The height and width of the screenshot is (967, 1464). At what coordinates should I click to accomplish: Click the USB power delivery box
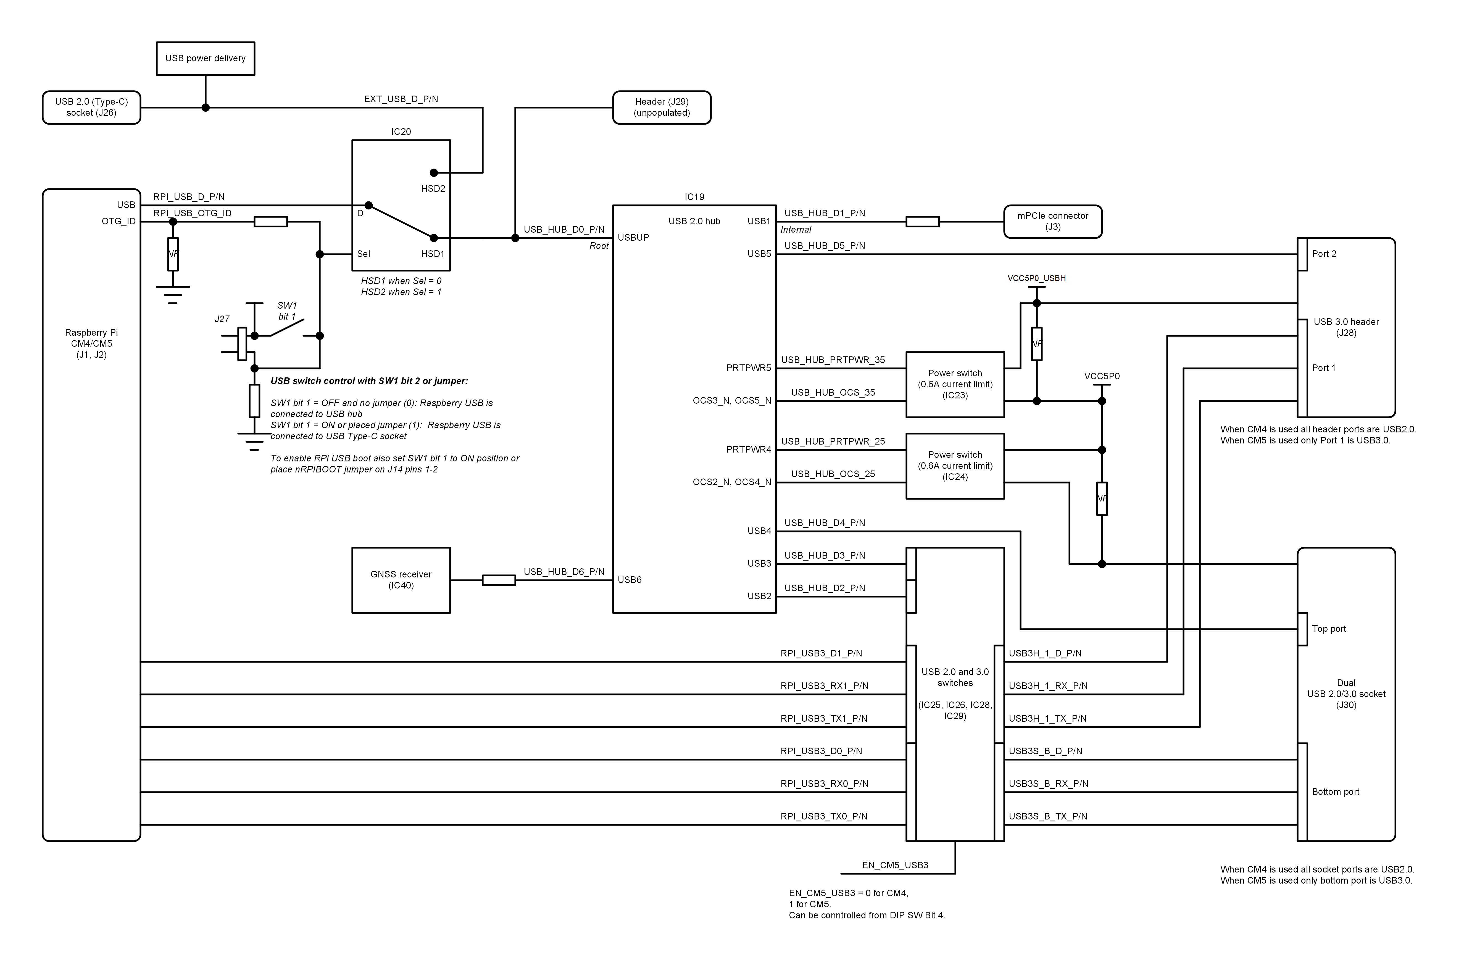[x=205, y=59]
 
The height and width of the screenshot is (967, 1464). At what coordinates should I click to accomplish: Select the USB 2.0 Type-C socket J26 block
[x=91, y=107]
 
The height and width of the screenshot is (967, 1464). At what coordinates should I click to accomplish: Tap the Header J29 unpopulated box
[x=661, y=107]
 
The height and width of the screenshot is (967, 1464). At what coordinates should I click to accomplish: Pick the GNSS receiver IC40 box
[x=401, y=580]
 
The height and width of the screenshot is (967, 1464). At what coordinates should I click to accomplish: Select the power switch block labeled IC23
[x=955, y=384]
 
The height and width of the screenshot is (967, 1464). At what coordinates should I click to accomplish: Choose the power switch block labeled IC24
[x=955, y=466]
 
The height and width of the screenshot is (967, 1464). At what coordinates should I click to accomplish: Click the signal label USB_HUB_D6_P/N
[x=564, y=572]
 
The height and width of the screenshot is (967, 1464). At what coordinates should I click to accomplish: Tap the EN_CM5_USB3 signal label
[x=895, y=865]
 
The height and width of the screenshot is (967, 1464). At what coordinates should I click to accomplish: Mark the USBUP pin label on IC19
[x=633, y=237]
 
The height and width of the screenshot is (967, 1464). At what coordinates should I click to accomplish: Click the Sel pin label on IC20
[x=363, y=254]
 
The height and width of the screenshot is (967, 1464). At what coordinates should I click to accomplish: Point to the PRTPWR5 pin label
[x=748, y=368]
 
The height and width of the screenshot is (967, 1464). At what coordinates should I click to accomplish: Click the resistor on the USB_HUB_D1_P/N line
[x=922, y=221]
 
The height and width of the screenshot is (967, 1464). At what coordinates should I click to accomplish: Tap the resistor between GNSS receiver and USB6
[x=498, y=580]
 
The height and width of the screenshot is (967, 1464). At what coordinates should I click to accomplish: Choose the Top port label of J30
[x=1328, y=629]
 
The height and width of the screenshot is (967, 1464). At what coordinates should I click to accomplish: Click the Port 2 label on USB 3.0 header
[x=1323, y=254]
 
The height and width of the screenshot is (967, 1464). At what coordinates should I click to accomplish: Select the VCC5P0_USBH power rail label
[x=1036, y=278]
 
